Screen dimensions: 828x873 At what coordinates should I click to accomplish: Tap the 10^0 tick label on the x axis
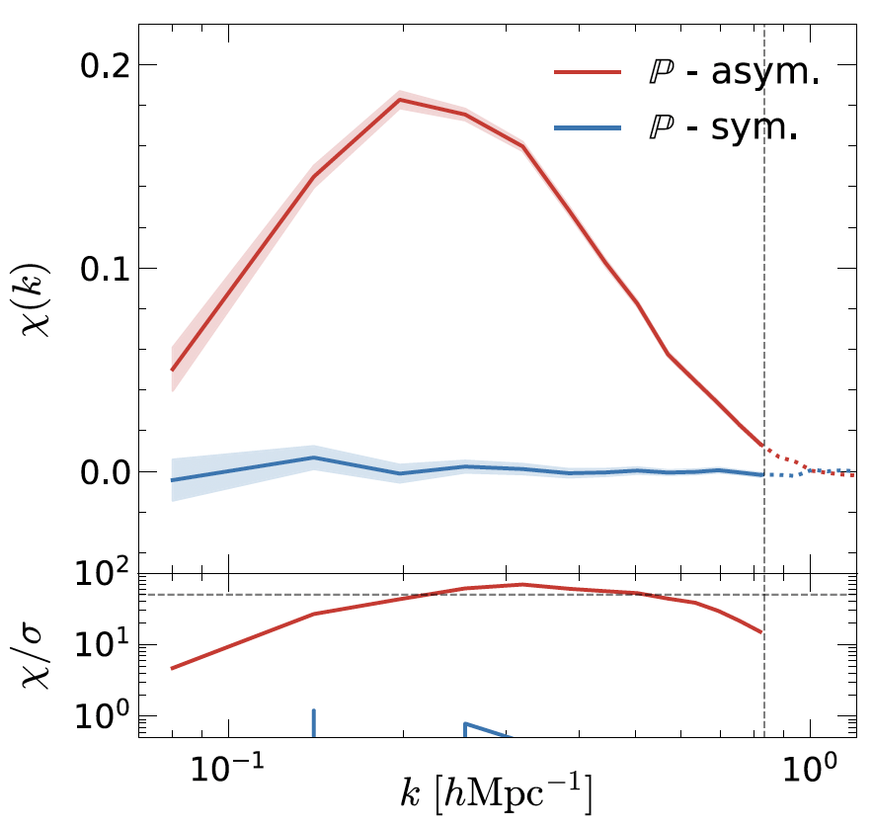pos(810,767)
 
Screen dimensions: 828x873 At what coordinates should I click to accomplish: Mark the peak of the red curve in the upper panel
pos(400,100)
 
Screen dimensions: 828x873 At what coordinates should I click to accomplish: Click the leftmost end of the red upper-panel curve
pos(172,371)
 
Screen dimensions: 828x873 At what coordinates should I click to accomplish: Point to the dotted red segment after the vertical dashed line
pos(790,460)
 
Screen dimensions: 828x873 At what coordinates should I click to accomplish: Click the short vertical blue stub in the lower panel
pos(313,723)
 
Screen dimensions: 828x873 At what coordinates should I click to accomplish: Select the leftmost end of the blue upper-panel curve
pos(172,480)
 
